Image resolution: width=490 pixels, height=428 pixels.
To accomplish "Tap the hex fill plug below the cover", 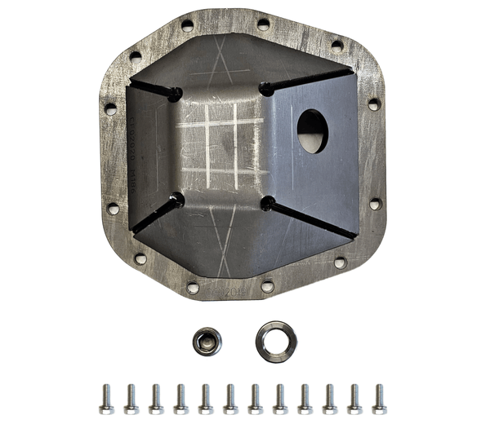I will point(207,341).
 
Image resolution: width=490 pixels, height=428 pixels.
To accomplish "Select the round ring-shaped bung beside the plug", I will point(275,341).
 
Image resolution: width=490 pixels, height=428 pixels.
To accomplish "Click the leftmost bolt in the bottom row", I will point(106,399).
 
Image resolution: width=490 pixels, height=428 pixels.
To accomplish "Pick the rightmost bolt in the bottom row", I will point(379,399).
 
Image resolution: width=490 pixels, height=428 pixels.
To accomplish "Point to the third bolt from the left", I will point(156,399).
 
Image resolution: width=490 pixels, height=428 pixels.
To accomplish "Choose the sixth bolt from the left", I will point(230,399).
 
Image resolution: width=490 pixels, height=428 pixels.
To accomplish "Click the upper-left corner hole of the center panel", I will point(174,95).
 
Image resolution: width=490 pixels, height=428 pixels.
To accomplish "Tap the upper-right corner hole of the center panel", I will point(265,88).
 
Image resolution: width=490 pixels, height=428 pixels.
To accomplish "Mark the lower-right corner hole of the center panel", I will point(266,201).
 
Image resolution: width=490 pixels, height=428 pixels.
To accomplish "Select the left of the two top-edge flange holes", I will point(187,26).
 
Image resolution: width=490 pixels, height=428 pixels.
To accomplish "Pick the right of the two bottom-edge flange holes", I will point(268,287).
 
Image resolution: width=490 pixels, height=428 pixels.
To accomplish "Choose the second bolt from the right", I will point(354,399).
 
